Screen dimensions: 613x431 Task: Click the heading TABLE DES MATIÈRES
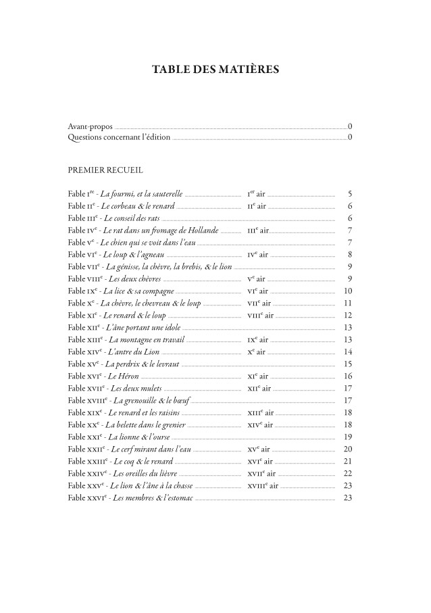point(215,70)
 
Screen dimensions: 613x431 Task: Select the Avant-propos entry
point(91,126)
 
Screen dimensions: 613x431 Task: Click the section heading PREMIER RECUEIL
point(105,170)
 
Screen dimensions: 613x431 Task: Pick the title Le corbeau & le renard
point(139,206)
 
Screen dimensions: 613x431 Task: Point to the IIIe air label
point(258,230)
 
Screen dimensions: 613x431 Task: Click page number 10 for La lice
point(348,291)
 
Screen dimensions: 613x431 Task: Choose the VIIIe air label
point(260,316)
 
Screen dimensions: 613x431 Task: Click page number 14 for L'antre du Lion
point(348,352)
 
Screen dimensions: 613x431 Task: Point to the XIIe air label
point(259,389)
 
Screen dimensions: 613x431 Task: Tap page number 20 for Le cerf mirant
point(348,449)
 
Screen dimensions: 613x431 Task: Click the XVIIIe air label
point(261,486)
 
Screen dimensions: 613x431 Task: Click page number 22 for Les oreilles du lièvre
point(348,474)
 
